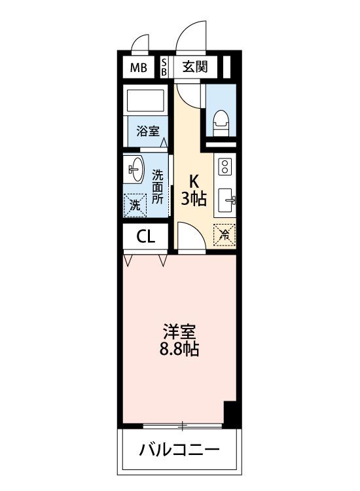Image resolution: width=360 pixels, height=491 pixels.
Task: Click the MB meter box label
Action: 138,67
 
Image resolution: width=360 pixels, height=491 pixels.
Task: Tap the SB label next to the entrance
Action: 164,67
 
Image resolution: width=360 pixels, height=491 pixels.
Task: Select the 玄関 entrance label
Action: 195,67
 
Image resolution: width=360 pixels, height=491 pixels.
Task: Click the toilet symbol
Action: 221,122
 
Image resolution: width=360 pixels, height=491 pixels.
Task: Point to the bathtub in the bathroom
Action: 145,101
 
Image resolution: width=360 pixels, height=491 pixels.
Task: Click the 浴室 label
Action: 148,131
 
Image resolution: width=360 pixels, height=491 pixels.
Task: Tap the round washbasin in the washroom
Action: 136,170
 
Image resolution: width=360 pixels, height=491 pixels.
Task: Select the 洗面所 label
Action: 158,187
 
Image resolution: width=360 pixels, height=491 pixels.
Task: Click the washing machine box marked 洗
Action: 135,206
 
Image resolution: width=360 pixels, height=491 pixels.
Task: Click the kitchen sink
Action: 226,200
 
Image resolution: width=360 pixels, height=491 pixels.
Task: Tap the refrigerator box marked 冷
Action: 224,234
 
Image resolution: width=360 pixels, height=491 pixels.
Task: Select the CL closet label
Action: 145,237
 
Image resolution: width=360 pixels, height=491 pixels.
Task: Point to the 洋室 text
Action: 179,332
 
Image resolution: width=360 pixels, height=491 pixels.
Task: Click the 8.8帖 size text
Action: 179,348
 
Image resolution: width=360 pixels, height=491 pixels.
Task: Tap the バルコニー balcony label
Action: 179,450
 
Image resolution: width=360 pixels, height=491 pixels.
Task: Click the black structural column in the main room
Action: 230,413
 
